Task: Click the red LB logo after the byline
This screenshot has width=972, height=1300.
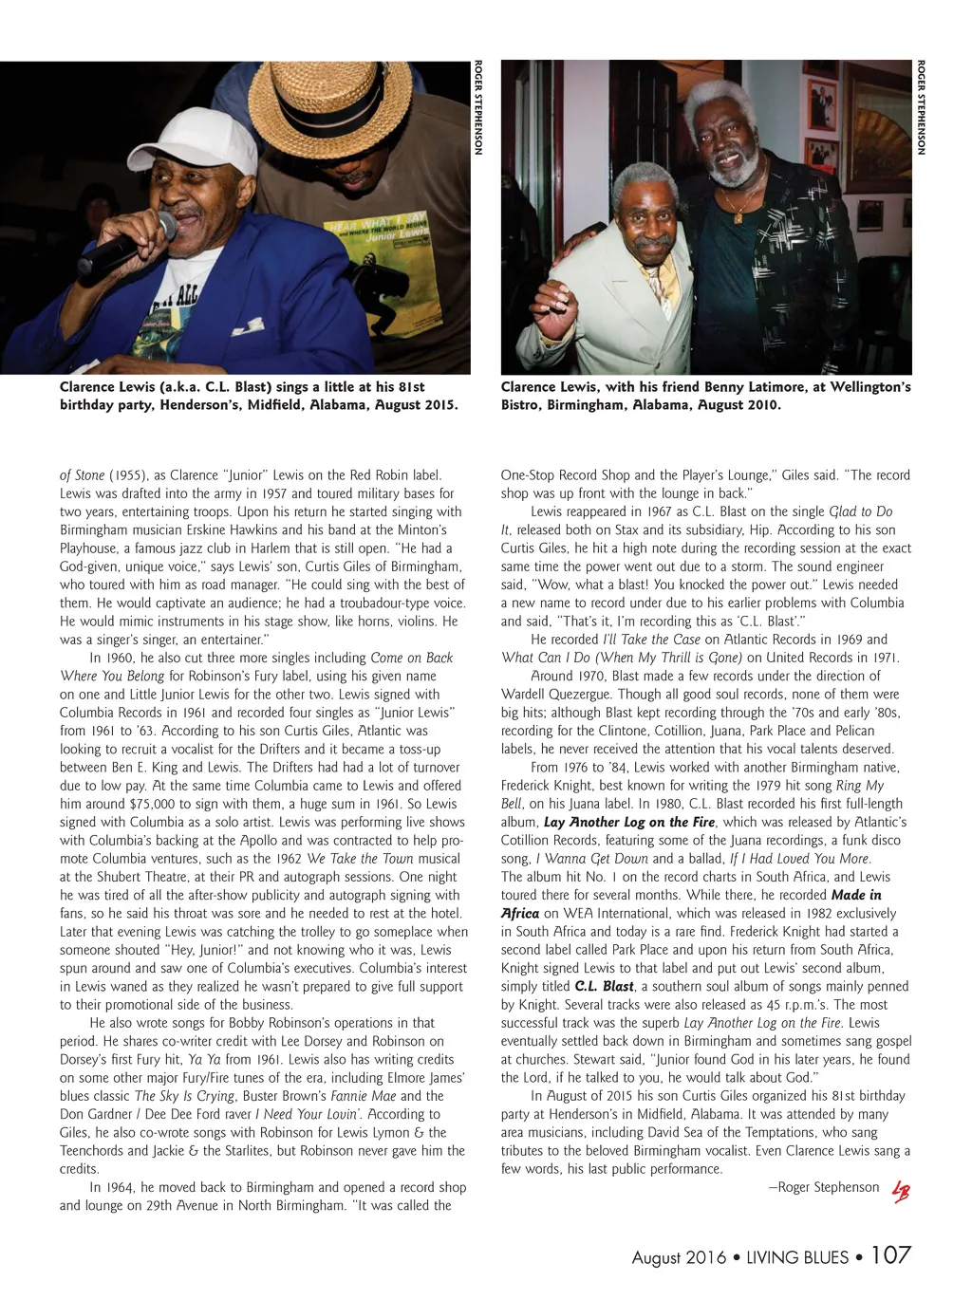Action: coord(900,1190)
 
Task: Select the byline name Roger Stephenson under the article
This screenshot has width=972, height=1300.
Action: coord(829,1187)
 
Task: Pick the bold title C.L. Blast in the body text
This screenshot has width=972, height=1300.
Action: coord(605,986)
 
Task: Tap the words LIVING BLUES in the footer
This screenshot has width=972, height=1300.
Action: coord(797,1257)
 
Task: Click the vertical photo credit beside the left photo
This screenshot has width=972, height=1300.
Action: coord(478,107)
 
